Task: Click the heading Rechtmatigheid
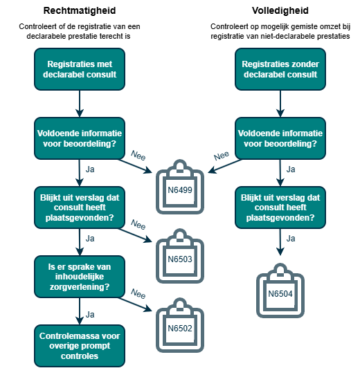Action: (x=80, y=10)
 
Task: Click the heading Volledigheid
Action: (x=280, y=10)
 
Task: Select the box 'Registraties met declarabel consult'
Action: (x=80, y=69)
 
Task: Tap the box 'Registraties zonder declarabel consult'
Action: (x=280, y=69)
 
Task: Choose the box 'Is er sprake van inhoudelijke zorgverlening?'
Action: (x=80, y=277)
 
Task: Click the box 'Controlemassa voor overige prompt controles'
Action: (x=80, y=346)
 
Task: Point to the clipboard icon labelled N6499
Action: (x=180, y=187)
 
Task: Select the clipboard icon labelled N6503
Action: (x=180, y=256)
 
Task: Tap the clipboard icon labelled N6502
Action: (x=180, y=325)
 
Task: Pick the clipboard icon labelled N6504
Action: (x=280, y=291)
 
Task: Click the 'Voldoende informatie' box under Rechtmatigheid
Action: (x=80, y=138)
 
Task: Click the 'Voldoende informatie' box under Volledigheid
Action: (x=280, y=138)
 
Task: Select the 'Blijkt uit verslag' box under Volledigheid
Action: (x=280, y=208)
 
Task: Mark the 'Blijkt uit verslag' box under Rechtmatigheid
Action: (x=80, y=208)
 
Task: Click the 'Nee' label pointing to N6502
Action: (x=138, y=293)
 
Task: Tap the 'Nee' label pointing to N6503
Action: (x=138, y=224)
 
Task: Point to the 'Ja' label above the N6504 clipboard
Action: (x=291, y=239)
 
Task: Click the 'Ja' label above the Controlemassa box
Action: (x=90, y=315)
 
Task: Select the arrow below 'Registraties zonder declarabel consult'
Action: (x=280, y=104)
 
